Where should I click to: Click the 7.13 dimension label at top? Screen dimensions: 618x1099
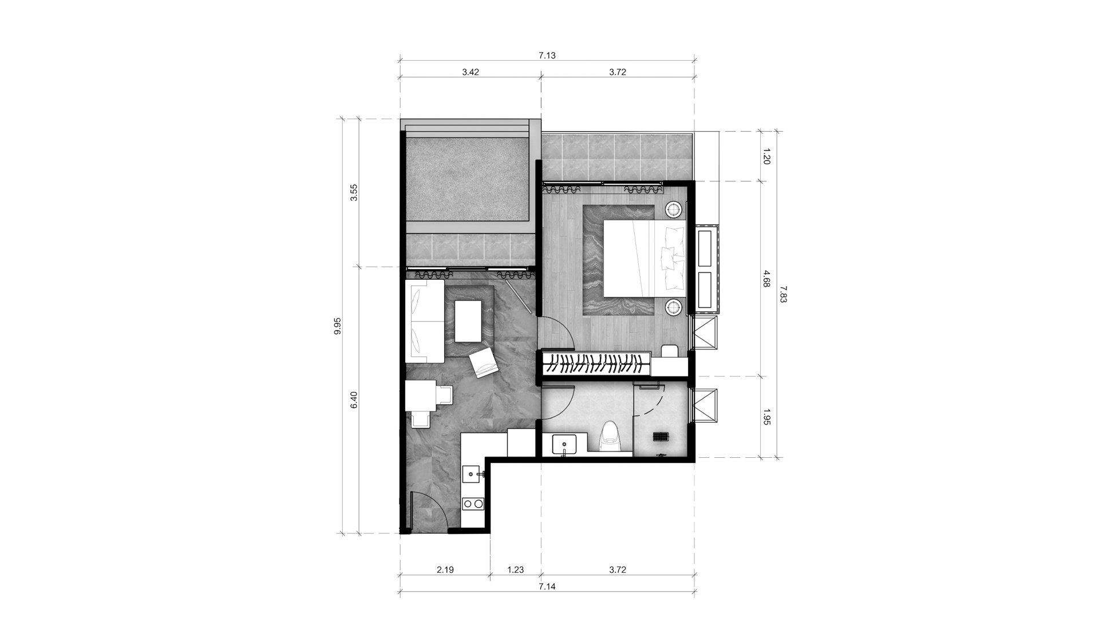point(547,56)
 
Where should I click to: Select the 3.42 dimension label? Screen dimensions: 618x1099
point(471,72)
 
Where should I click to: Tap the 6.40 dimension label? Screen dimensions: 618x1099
point(354,399)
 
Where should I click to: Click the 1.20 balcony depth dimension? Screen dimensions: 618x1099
point(767,156)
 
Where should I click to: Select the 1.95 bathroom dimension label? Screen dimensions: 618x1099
point(767,417)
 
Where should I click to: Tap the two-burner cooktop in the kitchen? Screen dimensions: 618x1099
point(473,504)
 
